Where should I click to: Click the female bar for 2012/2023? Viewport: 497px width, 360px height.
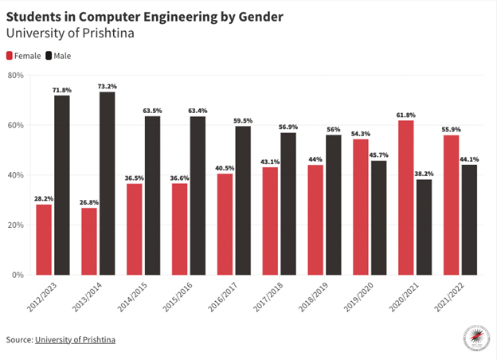[44, 240]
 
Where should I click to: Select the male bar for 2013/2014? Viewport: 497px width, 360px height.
[107, 183]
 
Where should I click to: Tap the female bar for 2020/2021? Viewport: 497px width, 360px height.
[406, 198]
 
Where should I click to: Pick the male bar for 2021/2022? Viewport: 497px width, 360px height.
[469, 220]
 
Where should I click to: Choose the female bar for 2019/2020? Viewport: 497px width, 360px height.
[361, 207]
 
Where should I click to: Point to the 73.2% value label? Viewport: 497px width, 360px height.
[107, 86]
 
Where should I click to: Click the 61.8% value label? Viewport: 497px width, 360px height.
[406, 115]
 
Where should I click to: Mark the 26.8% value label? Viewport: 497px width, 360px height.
[88, 202]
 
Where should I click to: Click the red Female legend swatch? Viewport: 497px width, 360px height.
[10, 56]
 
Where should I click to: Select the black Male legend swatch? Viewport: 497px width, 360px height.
[49, 56]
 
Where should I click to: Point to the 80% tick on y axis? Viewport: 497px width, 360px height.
[16, 75]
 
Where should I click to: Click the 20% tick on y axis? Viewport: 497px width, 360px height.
[16, 225]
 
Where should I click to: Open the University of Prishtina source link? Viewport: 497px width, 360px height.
[75, 340]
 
